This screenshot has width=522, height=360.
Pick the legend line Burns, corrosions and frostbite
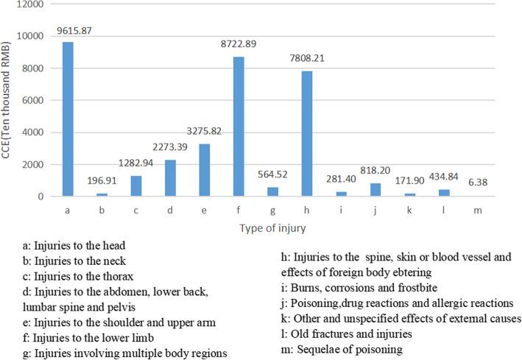(x=377, y=286)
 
